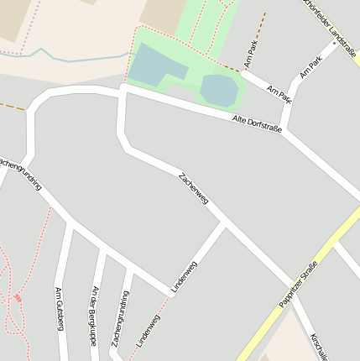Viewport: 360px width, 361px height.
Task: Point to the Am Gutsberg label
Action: click(x=60, y=308)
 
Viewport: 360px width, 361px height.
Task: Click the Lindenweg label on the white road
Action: click(x=184, y=277)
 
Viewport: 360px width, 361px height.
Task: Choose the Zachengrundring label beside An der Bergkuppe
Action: click(x=121, y=320)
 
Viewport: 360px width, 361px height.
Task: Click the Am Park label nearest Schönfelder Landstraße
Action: click(x=310, y=67)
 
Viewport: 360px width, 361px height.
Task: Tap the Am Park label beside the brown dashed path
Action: click(x=251, y=54)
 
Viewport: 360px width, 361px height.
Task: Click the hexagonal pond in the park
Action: click(x=219, y=90)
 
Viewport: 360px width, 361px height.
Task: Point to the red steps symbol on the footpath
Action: click(x=18, y=297)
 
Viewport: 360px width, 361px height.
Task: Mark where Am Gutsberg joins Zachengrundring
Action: click(x=70, y=223)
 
